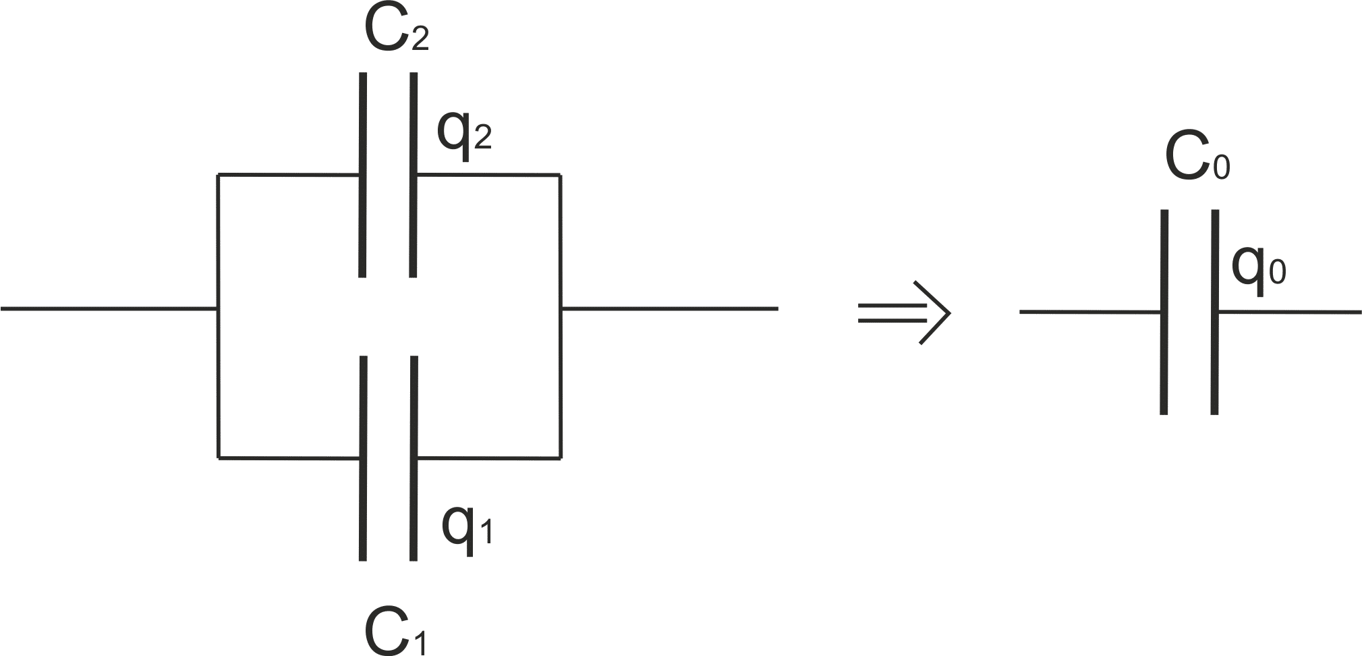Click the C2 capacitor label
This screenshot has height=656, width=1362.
point(395,30)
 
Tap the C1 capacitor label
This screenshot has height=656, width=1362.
point(395,631)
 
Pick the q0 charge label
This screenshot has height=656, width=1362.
point(1258,267)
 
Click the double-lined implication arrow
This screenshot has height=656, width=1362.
point(904,312)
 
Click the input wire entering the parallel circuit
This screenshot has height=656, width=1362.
point(108,309)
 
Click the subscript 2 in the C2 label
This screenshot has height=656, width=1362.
point(419,39)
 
